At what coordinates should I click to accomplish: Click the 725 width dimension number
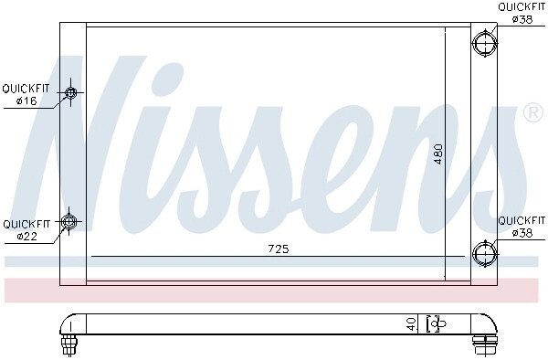click(279, 249)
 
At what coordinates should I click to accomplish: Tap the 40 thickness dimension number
click(412, 324)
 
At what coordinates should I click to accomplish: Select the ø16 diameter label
click(26, 101)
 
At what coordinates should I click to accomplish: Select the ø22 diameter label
click(26, 237)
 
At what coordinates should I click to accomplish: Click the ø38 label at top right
click(522, 19)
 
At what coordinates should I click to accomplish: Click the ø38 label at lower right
click(522, 233)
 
